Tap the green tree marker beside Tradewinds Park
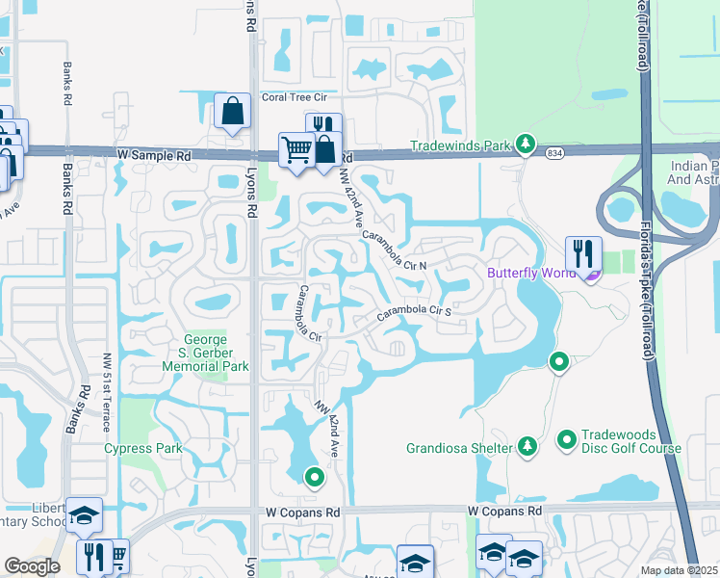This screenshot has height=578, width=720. [525, 144]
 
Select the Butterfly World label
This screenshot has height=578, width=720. [530, 273]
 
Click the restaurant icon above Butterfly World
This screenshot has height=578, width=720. [583, 254]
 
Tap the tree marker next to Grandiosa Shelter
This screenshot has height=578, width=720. [527, 446]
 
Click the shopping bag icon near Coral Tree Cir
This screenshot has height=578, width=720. [233, 112]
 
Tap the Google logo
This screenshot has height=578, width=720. [32, 566]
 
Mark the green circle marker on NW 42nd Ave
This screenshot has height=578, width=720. [314, 476]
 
